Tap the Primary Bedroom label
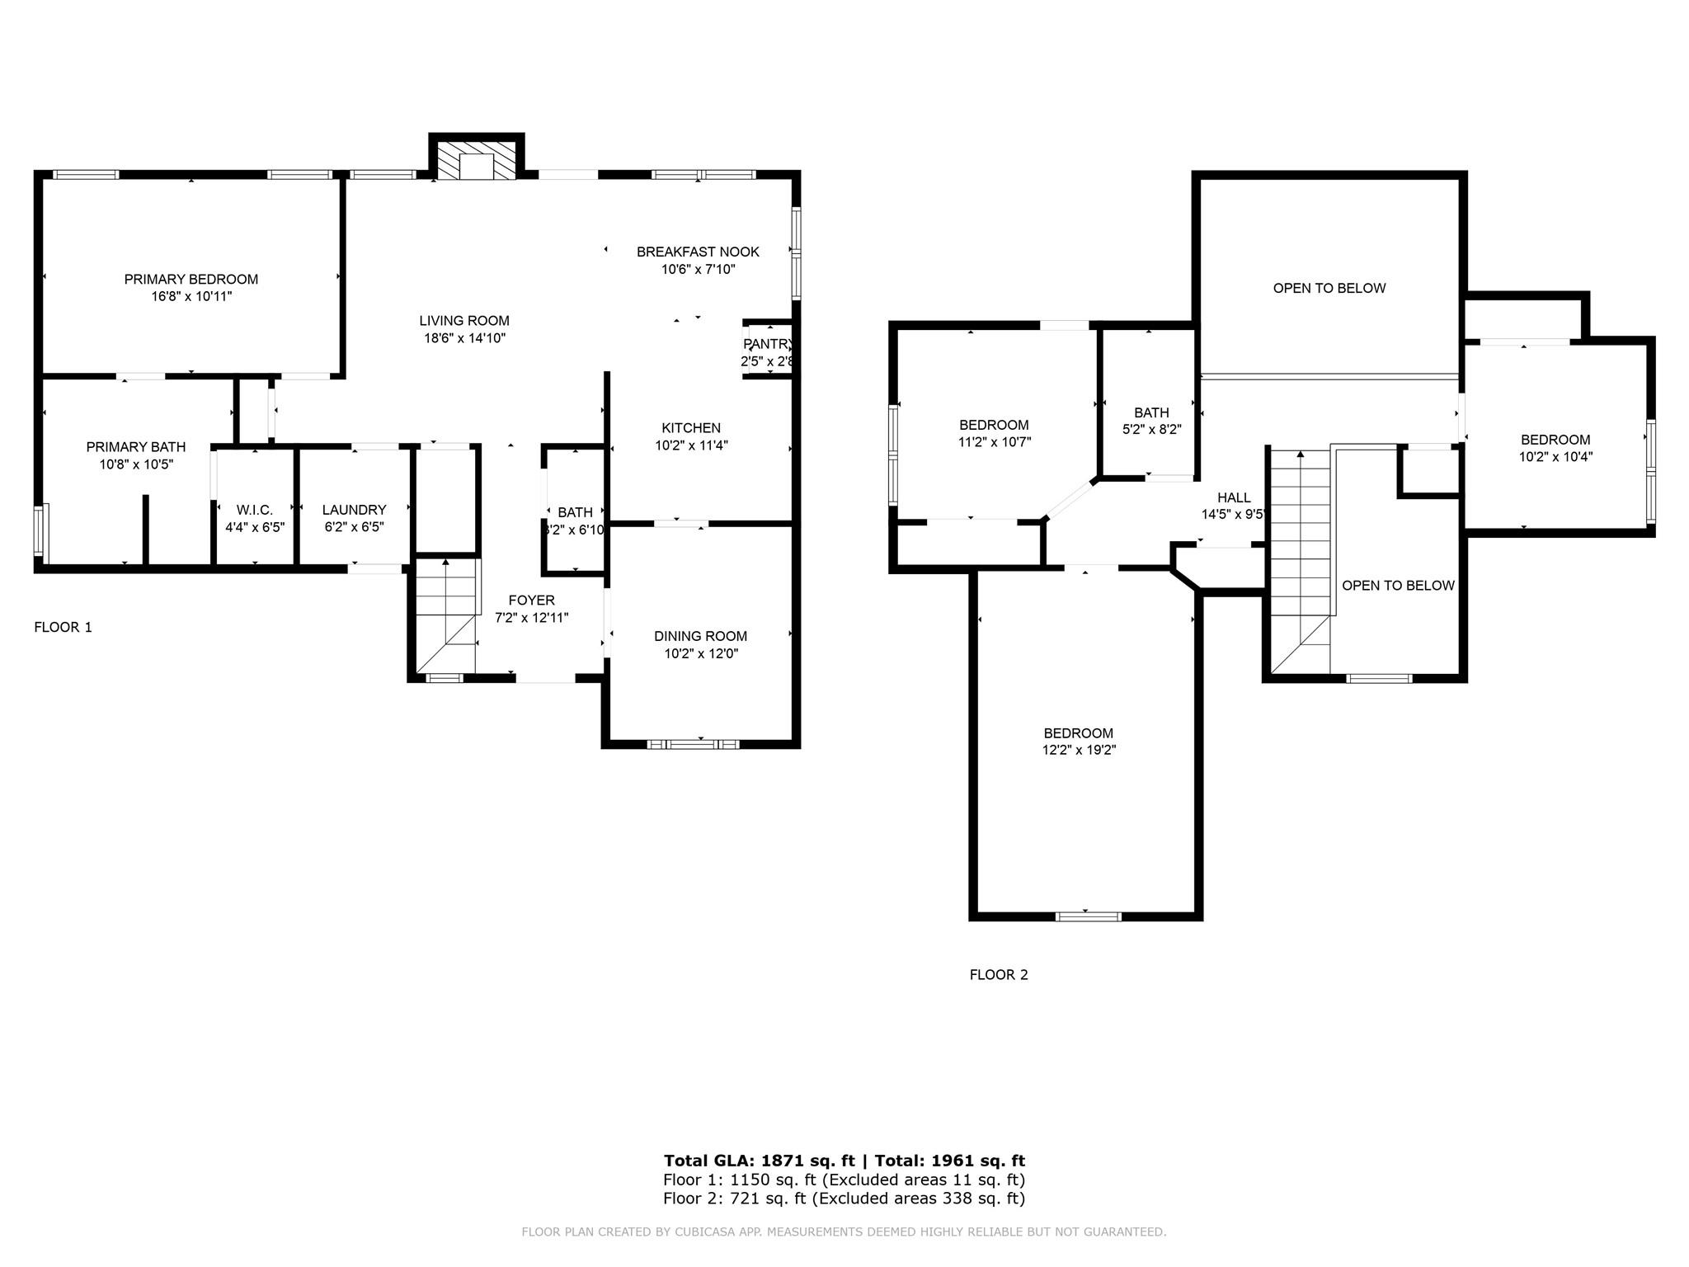[191, 280]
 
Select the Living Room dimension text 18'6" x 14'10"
[465, 338]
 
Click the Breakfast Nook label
[698, 252]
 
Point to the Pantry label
[768, 344]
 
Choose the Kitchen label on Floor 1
[691, 428]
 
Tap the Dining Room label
[701, 636]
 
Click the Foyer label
[532, 601]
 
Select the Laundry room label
[355, 510]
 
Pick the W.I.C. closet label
[255, 510]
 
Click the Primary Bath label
[136, 447]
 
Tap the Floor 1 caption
[64, 627]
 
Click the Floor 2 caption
[999, 974]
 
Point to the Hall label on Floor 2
[1235, 497]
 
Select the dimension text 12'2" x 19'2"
[1079, 750]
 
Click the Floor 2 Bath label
[1151, 412]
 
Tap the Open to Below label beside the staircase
[1399, 586]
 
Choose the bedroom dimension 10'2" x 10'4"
[1556, 456]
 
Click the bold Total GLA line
[844, 1161]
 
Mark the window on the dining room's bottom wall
[693, 744]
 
